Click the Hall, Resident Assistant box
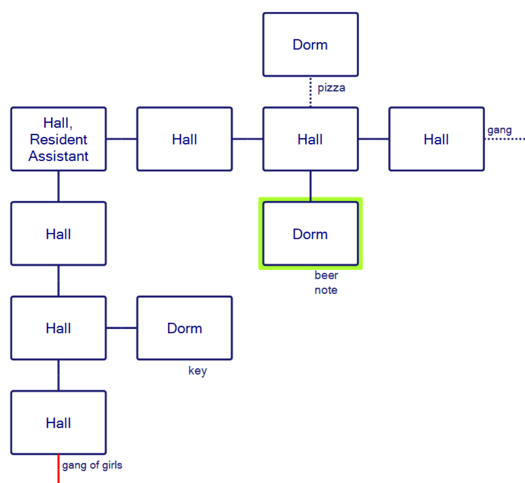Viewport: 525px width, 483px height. click(x=58, y=139)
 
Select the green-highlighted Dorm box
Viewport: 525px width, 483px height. click(x=310, y=234)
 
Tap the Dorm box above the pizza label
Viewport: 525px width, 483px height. click(x=310, y=45)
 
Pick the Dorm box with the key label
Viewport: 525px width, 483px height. click(x=184, y=328)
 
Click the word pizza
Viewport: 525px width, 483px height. click(x=331, y=88)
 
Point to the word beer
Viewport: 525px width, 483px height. click(x=326, y=275)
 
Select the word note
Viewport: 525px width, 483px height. click(x=326, y=290)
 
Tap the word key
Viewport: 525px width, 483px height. click(x=197, y=371)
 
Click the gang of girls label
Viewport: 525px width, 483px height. click(x=92, y=465)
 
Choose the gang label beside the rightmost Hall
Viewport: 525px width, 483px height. click(x=499, y=130)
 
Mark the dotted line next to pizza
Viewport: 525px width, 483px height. click(x=311, y=92)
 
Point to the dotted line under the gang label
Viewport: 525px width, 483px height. click(x=505, y=139)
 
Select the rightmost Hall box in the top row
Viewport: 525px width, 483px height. click(x=436, y=139)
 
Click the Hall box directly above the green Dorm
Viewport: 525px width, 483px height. click(x=310, y=139)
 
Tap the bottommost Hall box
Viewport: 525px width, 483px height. click(x=58, y=423)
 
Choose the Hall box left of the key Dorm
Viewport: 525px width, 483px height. click(x=58, y=328)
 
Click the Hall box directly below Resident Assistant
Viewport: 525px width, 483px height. click(x=58, y=234)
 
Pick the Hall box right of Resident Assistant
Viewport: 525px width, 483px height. click(x=184, y=139)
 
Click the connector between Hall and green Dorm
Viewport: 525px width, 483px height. click(x=310, y=186)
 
